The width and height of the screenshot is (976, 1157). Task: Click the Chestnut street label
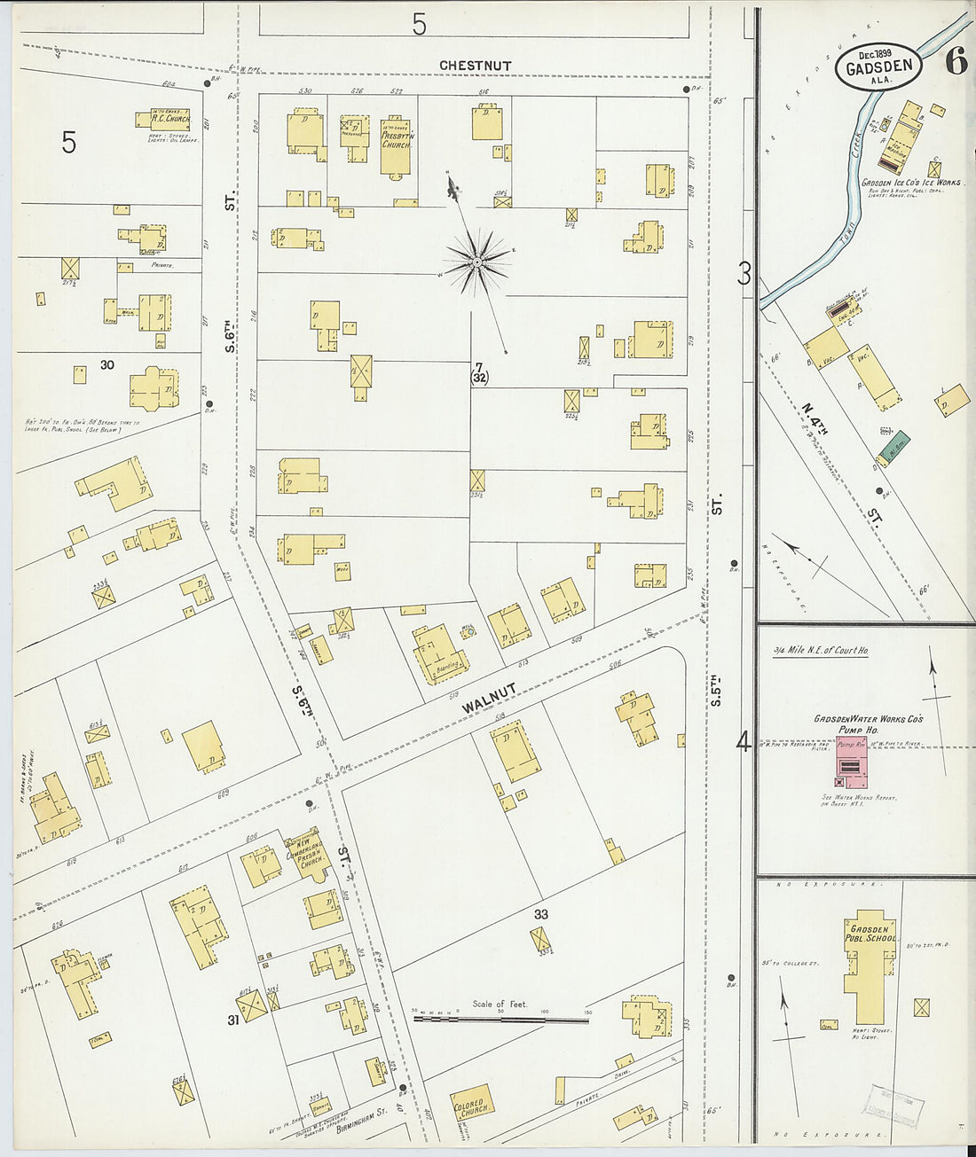476,66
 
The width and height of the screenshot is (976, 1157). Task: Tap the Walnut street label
489,698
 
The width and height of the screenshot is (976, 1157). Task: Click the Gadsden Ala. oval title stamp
878,67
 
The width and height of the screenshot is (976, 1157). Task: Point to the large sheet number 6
956,61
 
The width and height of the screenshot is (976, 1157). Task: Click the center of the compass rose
477,262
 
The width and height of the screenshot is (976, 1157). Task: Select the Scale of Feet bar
500,1020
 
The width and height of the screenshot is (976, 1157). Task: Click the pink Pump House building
852,761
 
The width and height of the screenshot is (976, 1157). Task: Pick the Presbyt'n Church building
396,146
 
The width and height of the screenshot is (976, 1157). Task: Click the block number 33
541,913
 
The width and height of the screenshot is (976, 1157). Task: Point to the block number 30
107,364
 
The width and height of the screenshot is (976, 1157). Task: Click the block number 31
233,1020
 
